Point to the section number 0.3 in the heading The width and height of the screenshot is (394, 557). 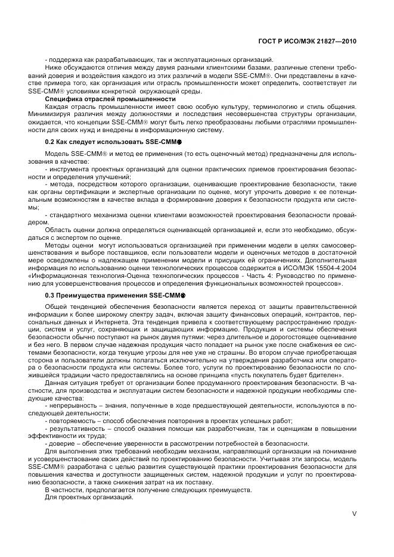tap(51, 295)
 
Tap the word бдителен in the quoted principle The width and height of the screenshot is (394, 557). tap(322, 376)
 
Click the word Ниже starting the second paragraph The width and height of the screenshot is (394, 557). tap(54, 68)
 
